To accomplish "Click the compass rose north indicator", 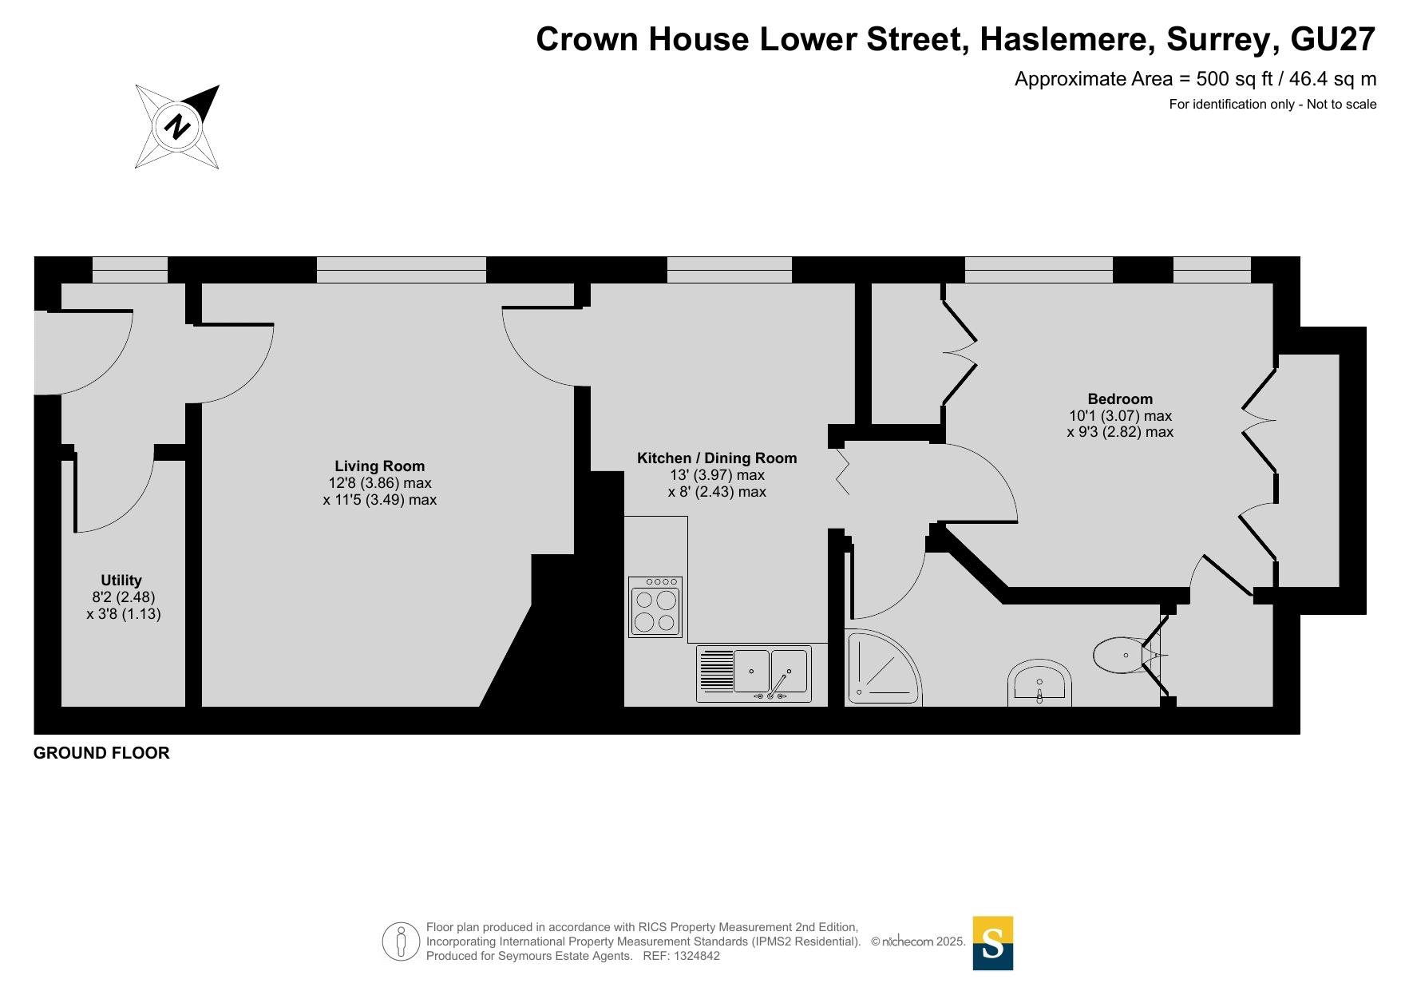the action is (176, 126).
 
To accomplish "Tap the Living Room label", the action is (379, 466).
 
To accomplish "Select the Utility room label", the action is (121, 581).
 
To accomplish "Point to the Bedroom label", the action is (1120, 399).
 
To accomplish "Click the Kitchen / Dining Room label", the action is (717, 458).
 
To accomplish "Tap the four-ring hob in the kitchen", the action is (655, 607).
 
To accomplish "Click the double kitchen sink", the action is (754, 674).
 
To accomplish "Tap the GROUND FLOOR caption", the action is (101, 753).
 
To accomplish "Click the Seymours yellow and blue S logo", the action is (993, 943).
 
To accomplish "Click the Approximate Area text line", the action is (1195, 79).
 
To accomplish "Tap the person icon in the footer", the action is (401, 941).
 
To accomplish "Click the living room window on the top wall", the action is (402, 270).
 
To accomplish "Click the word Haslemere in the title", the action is (1067, 39).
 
